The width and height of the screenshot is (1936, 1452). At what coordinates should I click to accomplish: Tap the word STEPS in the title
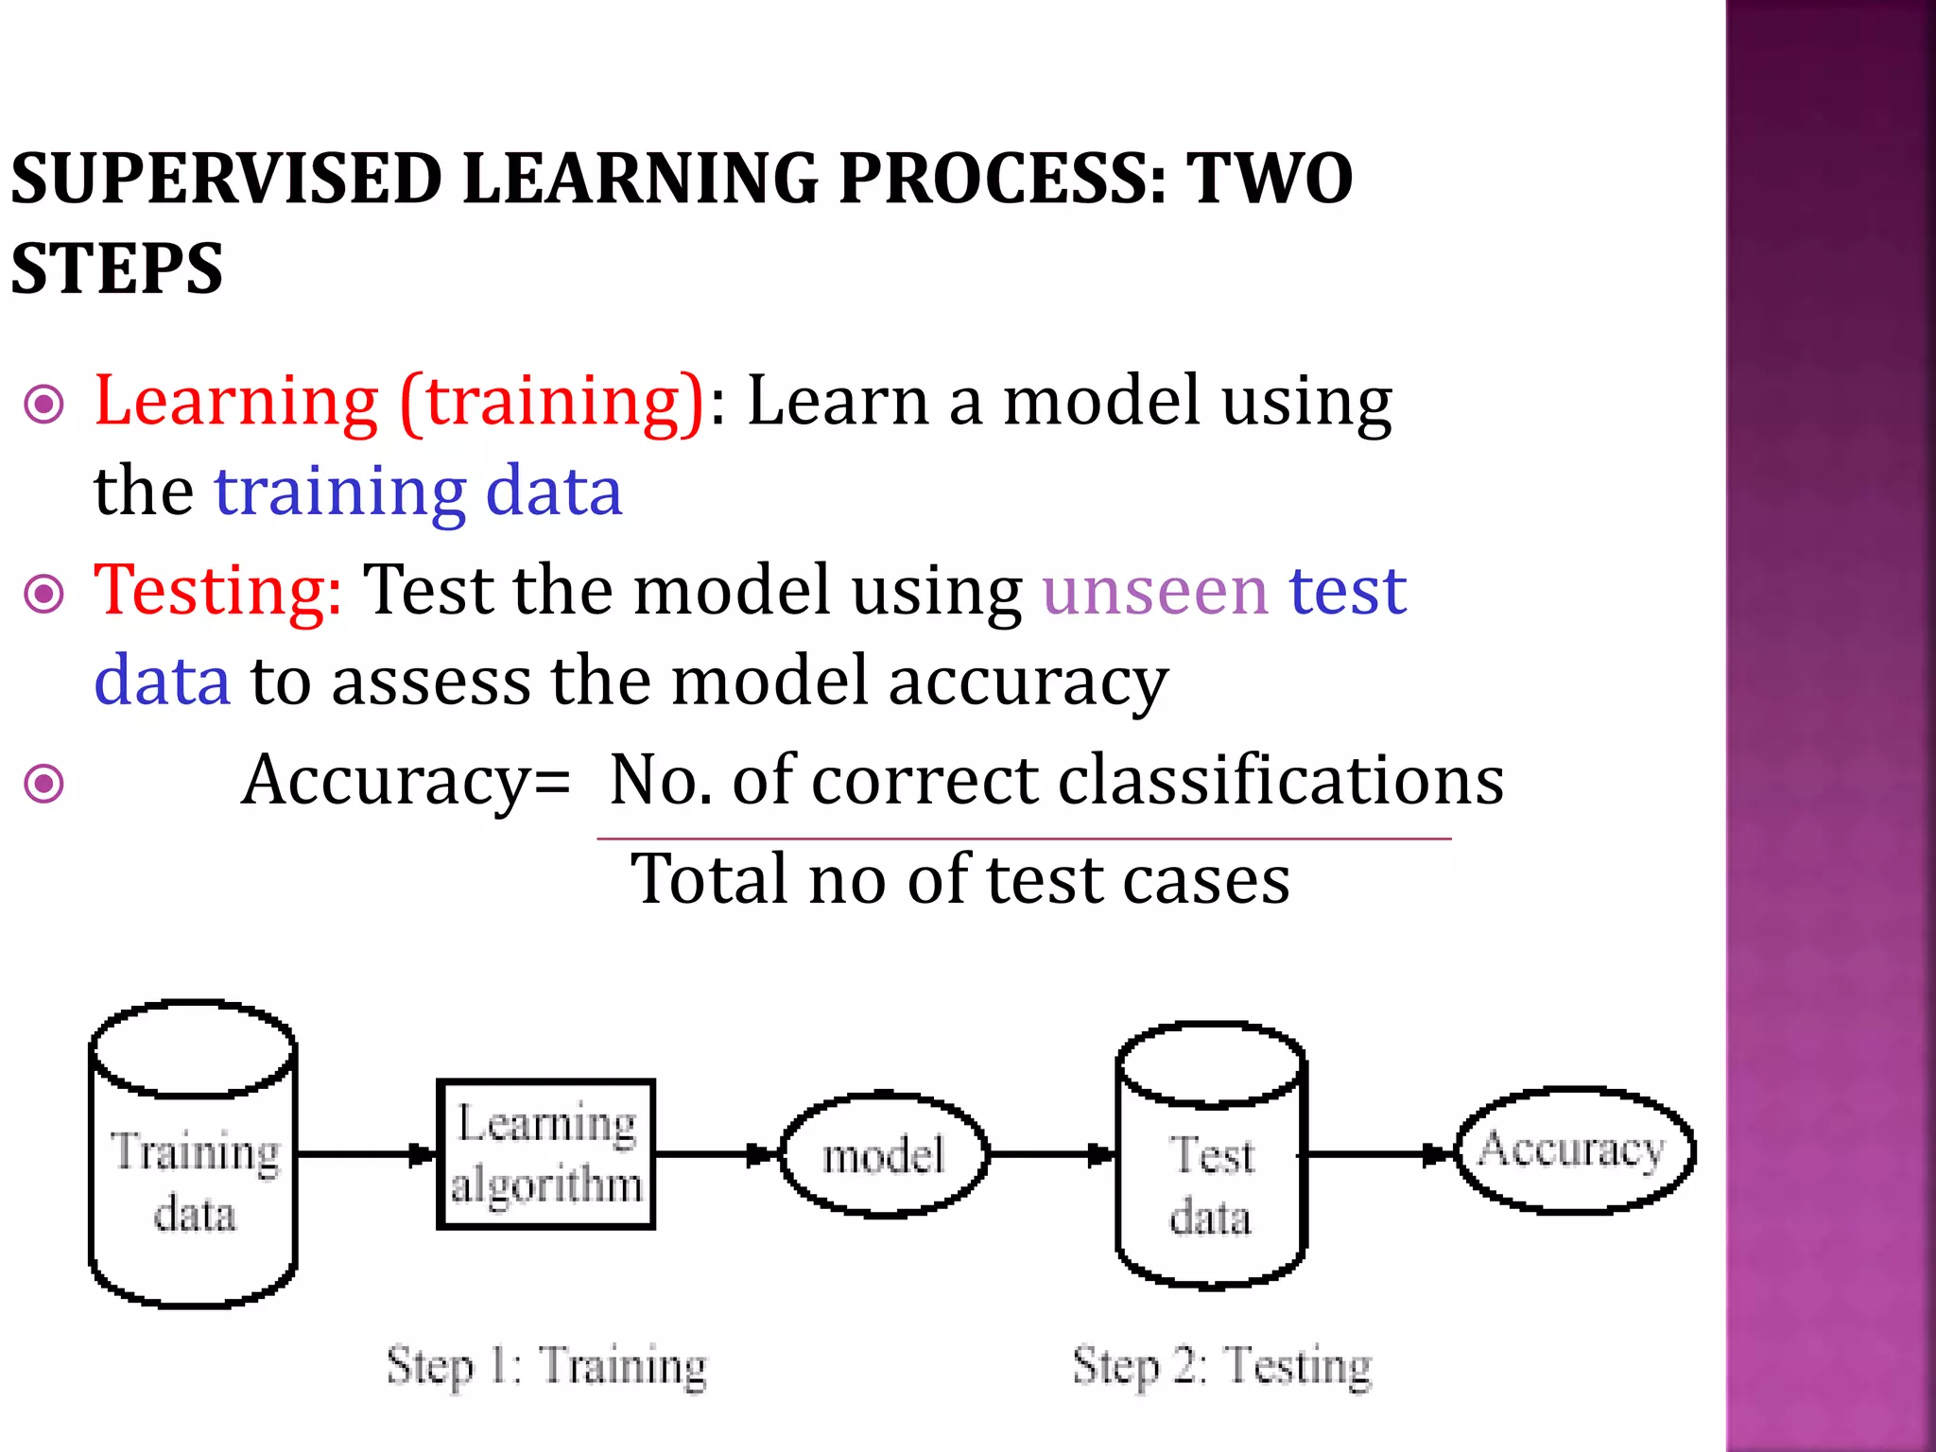coord(117,269)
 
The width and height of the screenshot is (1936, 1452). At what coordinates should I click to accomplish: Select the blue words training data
coord(419,492)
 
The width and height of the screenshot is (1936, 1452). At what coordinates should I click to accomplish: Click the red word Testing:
coord(217,591)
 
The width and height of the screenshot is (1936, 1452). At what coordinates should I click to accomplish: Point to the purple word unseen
coord(1154,591)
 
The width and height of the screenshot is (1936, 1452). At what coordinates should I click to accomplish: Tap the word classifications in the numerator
coord(1280,781)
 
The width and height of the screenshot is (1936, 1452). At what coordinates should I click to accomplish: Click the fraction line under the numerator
coord(1023,838)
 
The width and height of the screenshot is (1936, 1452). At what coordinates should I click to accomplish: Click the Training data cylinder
coord(194,1182)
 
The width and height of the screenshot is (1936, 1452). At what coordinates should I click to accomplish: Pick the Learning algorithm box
coord(546,1154)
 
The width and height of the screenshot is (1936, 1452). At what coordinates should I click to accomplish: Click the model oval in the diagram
coord(884,1155)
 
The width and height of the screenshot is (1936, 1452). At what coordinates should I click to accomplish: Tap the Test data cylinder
coord(1211,1182)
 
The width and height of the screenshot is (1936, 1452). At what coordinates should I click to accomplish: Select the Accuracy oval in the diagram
coord(1573,1150)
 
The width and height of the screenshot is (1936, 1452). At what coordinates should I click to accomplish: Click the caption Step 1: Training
coord(546,1367)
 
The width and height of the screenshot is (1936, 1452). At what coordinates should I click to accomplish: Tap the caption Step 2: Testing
coord(1221,1367)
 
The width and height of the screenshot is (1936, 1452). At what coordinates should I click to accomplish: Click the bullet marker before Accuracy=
coord(43,784)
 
